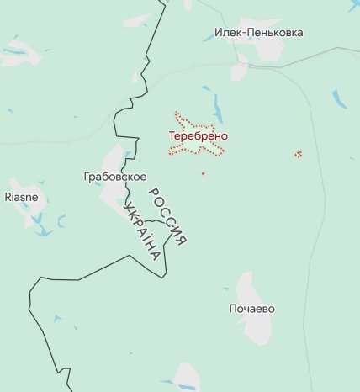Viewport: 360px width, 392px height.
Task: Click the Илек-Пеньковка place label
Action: tap(258, 33)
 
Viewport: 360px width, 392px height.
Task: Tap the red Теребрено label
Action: tap(199, 135)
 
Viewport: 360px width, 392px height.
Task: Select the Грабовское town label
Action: tap(115, 177)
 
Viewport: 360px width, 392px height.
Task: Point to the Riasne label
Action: tap(22, 197)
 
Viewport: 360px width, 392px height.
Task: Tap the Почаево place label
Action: tap(251, 309)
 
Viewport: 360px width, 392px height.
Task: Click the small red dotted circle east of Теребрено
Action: tap(299, 154)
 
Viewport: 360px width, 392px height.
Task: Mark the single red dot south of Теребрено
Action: tap(203, 173)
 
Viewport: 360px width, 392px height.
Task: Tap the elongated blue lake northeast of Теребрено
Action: tap(219, 106)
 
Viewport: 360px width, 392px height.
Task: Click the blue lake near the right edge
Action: tap(339, 99)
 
